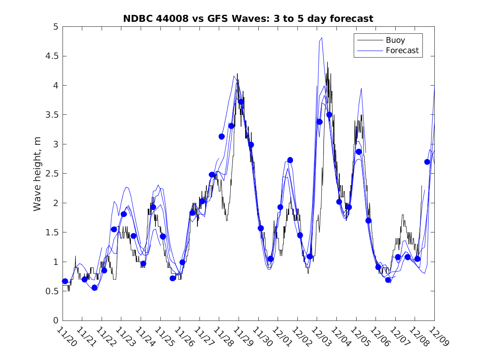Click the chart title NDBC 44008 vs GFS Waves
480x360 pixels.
click(248, 19)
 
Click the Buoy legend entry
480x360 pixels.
click(395, 40)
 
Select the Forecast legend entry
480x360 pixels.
click(402, 51)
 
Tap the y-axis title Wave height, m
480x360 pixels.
click(37, 174)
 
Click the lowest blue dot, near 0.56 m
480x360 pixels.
click(94, 288)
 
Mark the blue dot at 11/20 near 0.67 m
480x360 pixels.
click(65, 281)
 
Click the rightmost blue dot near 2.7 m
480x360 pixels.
click(427, 162)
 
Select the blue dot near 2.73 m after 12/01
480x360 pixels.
click(290, 160)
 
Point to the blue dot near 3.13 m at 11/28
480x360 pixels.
click(222, 136)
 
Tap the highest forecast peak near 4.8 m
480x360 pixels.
click(321, 38)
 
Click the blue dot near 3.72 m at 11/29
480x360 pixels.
click(241, 102)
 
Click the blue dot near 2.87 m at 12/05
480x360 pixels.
click(359, 152)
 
